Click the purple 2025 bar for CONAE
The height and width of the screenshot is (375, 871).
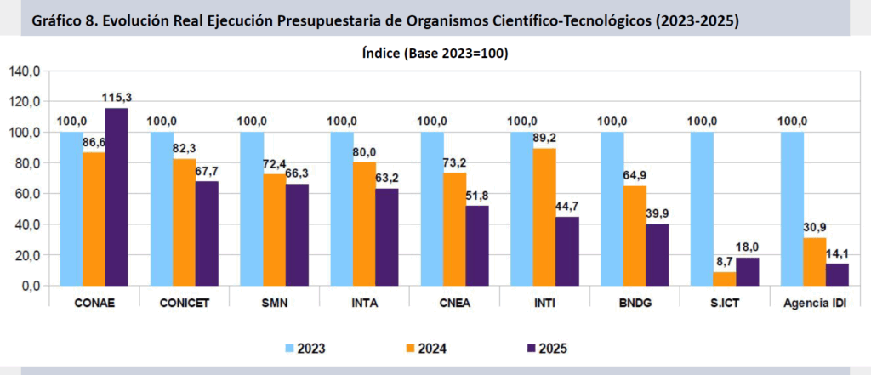[116, 197]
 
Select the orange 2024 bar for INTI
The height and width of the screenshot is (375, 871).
[544, 217]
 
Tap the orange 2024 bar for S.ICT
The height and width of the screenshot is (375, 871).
[724, 278]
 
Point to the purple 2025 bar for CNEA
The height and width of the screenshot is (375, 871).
[476, 246]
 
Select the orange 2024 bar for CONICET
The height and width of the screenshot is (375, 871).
[184, 222]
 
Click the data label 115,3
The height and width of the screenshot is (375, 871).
[117, 97]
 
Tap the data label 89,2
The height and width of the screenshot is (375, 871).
[544, 138]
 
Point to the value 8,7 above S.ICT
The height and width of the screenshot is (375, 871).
[724, 262]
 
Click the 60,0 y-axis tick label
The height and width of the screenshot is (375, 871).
[26, 194]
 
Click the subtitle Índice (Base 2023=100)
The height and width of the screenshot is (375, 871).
[435, 54]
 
